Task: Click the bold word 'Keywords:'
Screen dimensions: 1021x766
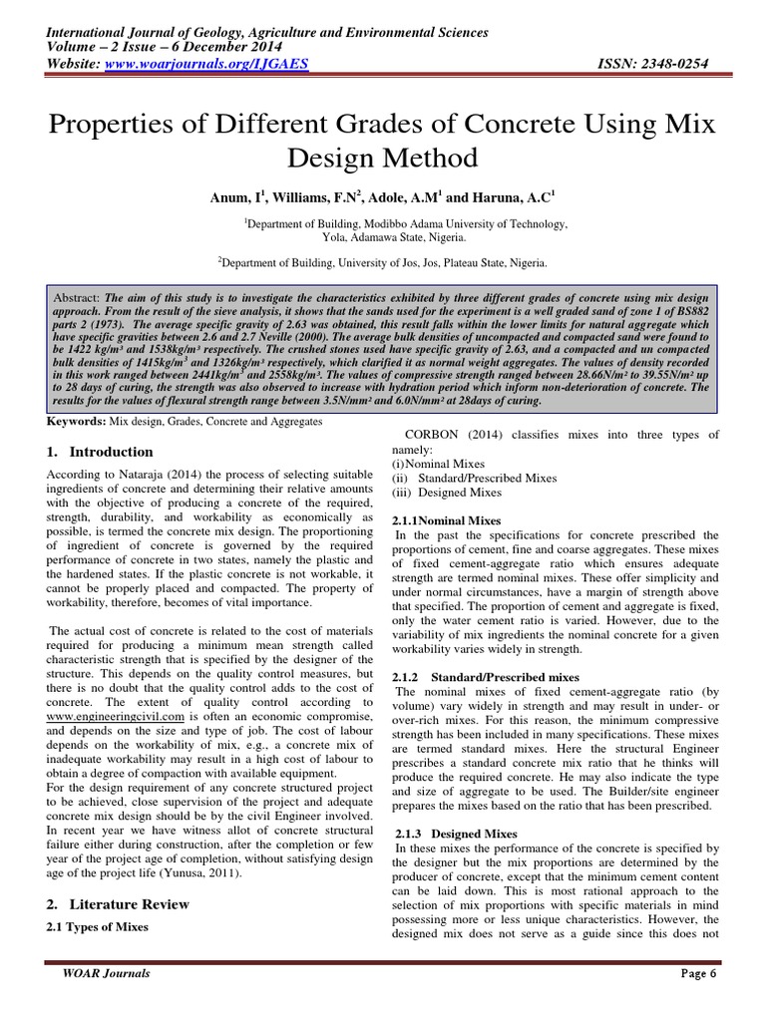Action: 78,423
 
